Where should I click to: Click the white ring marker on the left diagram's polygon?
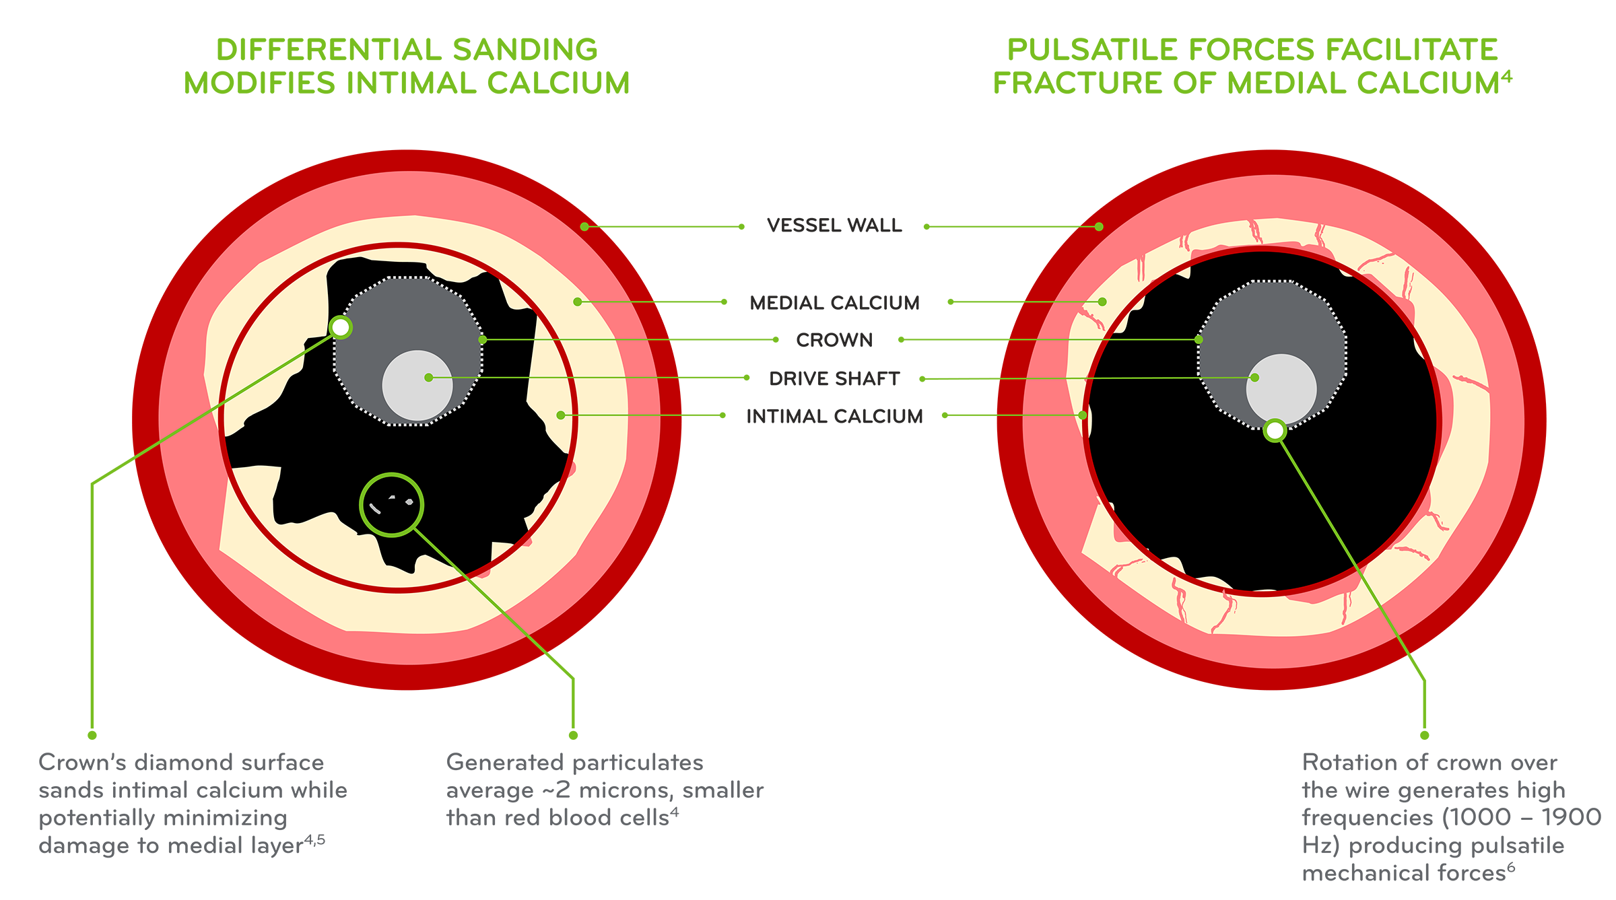pos(341,328)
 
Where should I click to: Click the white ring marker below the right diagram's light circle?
pos(1275,430)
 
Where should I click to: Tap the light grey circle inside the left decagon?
pos(417,386)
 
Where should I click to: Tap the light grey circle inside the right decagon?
pos(1281,389)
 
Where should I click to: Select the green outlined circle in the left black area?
pos(391,505)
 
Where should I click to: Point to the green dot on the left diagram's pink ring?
pos(584,227)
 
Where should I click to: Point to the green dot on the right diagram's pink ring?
pos(1099,227)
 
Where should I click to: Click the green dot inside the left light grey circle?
pos(428,378)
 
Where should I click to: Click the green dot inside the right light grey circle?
pos(1254,378)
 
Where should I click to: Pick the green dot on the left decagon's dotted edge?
pos(482,340)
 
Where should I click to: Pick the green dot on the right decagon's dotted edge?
pos(1199,340)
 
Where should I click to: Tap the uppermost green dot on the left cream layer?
pos(577,302)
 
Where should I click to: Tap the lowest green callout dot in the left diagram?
pos(560,415)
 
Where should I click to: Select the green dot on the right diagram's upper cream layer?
pos(1102,302)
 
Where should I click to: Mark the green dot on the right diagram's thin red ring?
pos(1083,415)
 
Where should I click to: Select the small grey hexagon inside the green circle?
pos(409,501)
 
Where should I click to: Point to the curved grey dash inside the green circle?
pos(375,509)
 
